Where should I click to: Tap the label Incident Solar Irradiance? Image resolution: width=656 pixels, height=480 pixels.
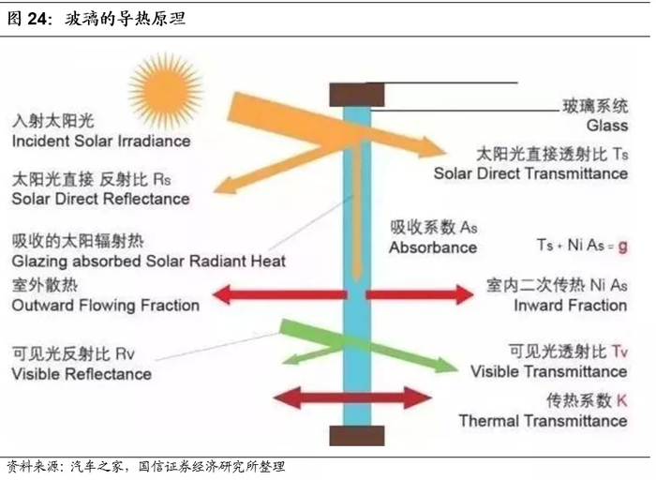click(101, 142)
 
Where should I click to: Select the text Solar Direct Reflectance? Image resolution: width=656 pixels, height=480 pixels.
click(100, 199)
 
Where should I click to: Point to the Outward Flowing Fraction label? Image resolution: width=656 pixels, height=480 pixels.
click(106, 306)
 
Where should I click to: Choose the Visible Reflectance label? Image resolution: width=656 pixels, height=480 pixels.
click(82, 374)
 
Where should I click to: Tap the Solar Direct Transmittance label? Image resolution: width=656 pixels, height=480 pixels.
click(530, 173)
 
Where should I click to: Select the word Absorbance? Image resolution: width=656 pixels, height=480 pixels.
click(433, 248)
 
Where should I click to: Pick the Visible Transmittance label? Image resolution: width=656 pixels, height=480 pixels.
click(548, 372)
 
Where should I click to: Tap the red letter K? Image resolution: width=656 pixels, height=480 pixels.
click(621, 401)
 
